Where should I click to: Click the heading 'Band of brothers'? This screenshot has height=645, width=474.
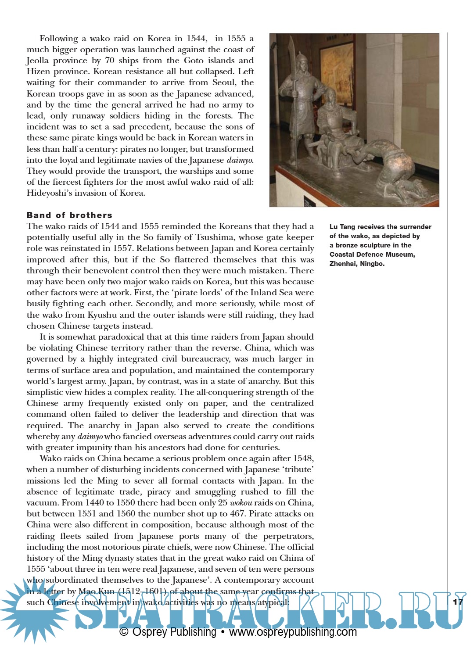69,215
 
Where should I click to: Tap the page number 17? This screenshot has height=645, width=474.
458,602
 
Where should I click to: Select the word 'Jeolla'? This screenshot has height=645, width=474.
37,61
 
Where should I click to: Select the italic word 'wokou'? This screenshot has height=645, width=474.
241,503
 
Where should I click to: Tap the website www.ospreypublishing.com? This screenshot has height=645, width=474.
293,632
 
